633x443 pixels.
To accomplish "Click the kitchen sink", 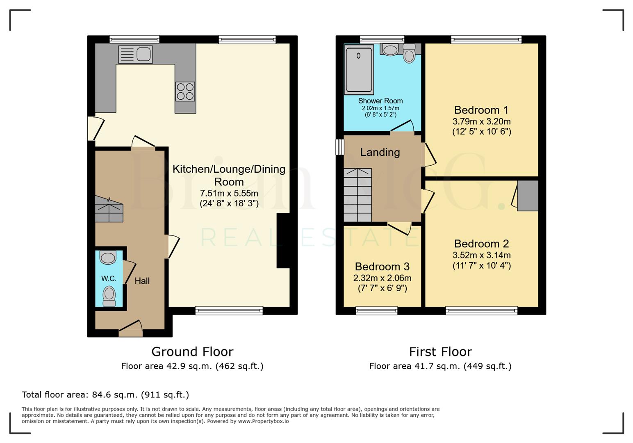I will pos(135,55).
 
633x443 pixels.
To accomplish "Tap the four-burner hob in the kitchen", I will pos(185,91).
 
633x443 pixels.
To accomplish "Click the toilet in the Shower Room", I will pos(409,54).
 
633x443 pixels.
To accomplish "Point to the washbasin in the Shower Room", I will pos(390,50).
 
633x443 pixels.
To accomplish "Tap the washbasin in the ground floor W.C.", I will pos(108,258).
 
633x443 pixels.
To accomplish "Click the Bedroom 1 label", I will pos(481,110).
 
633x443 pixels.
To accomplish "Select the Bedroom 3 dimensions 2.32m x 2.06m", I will pos(382,278).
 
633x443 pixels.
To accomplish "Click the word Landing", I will pos(380,152).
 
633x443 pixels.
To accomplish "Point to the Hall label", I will pos(142,281).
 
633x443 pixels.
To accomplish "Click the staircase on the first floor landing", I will pos(357,195).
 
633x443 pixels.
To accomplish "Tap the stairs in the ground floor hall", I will pos(109,210).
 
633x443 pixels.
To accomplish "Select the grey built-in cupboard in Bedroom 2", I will pos(528,196).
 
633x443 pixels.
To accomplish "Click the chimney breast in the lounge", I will pos(283,241).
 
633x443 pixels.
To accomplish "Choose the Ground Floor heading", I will pos(192,352).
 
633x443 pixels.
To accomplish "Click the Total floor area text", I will pos(105,395).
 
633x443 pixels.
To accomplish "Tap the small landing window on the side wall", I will pos(340,147).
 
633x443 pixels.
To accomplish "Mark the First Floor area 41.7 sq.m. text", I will pos(440,366).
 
